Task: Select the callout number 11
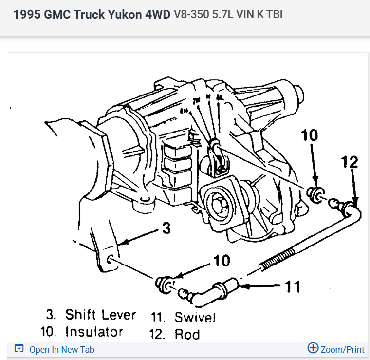(x=293, y=286)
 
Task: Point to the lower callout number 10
(x=222, y=261)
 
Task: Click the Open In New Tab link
(x=61, y=349)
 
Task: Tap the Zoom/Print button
(x=336, y=349)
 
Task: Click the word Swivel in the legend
(x=194, y=318)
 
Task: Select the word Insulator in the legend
(x=94, y=332)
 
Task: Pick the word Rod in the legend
(x=187, y=334)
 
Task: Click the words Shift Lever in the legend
(x=101, y=315)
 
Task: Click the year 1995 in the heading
(x=26, y=15)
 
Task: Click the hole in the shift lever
(x=111, y=258)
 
